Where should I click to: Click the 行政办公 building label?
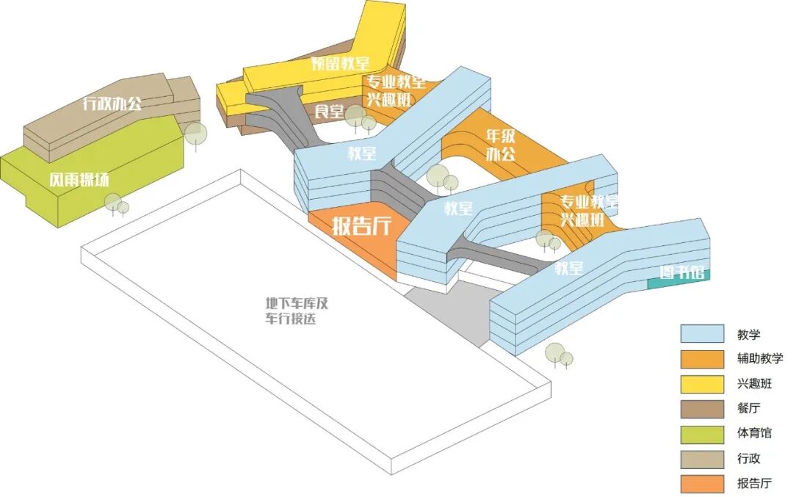coord(112,104)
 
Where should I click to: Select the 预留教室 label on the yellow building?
coord(340,63)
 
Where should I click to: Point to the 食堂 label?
coord(330,112)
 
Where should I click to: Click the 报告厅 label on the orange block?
coord(361,225)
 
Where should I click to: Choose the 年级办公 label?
coord(501,145)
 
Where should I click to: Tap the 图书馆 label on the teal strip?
coord(682,273)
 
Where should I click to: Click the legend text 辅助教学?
coord(760,359)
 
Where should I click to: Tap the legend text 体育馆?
coord(754,434)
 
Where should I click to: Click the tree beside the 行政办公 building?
coord(195,134)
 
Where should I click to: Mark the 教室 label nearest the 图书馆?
coord(569,268)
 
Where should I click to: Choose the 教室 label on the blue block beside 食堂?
coord(362,153)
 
